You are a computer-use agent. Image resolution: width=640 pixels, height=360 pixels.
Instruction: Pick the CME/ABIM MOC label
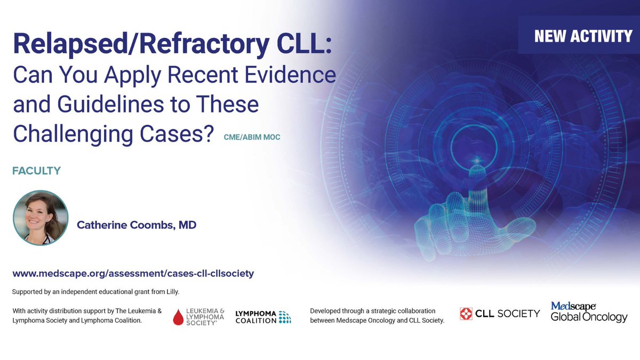point(252,138)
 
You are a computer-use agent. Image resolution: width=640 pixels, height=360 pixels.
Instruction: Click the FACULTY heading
point(37,171)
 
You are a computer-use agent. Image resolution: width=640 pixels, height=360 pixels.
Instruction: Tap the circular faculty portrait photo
point(41,217)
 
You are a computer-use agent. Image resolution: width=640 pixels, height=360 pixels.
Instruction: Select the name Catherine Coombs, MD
point(137,226)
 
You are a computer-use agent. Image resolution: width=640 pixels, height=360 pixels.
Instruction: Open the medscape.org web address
point(133,274)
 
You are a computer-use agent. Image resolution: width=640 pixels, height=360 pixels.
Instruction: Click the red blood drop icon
point(179,317)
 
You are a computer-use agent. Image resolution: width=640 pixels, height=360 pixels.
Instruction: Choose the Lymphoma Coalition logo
point(263,317)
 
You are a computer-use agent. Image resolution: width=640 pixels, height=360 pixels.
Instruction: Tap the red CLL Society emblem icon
point(467,314)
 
